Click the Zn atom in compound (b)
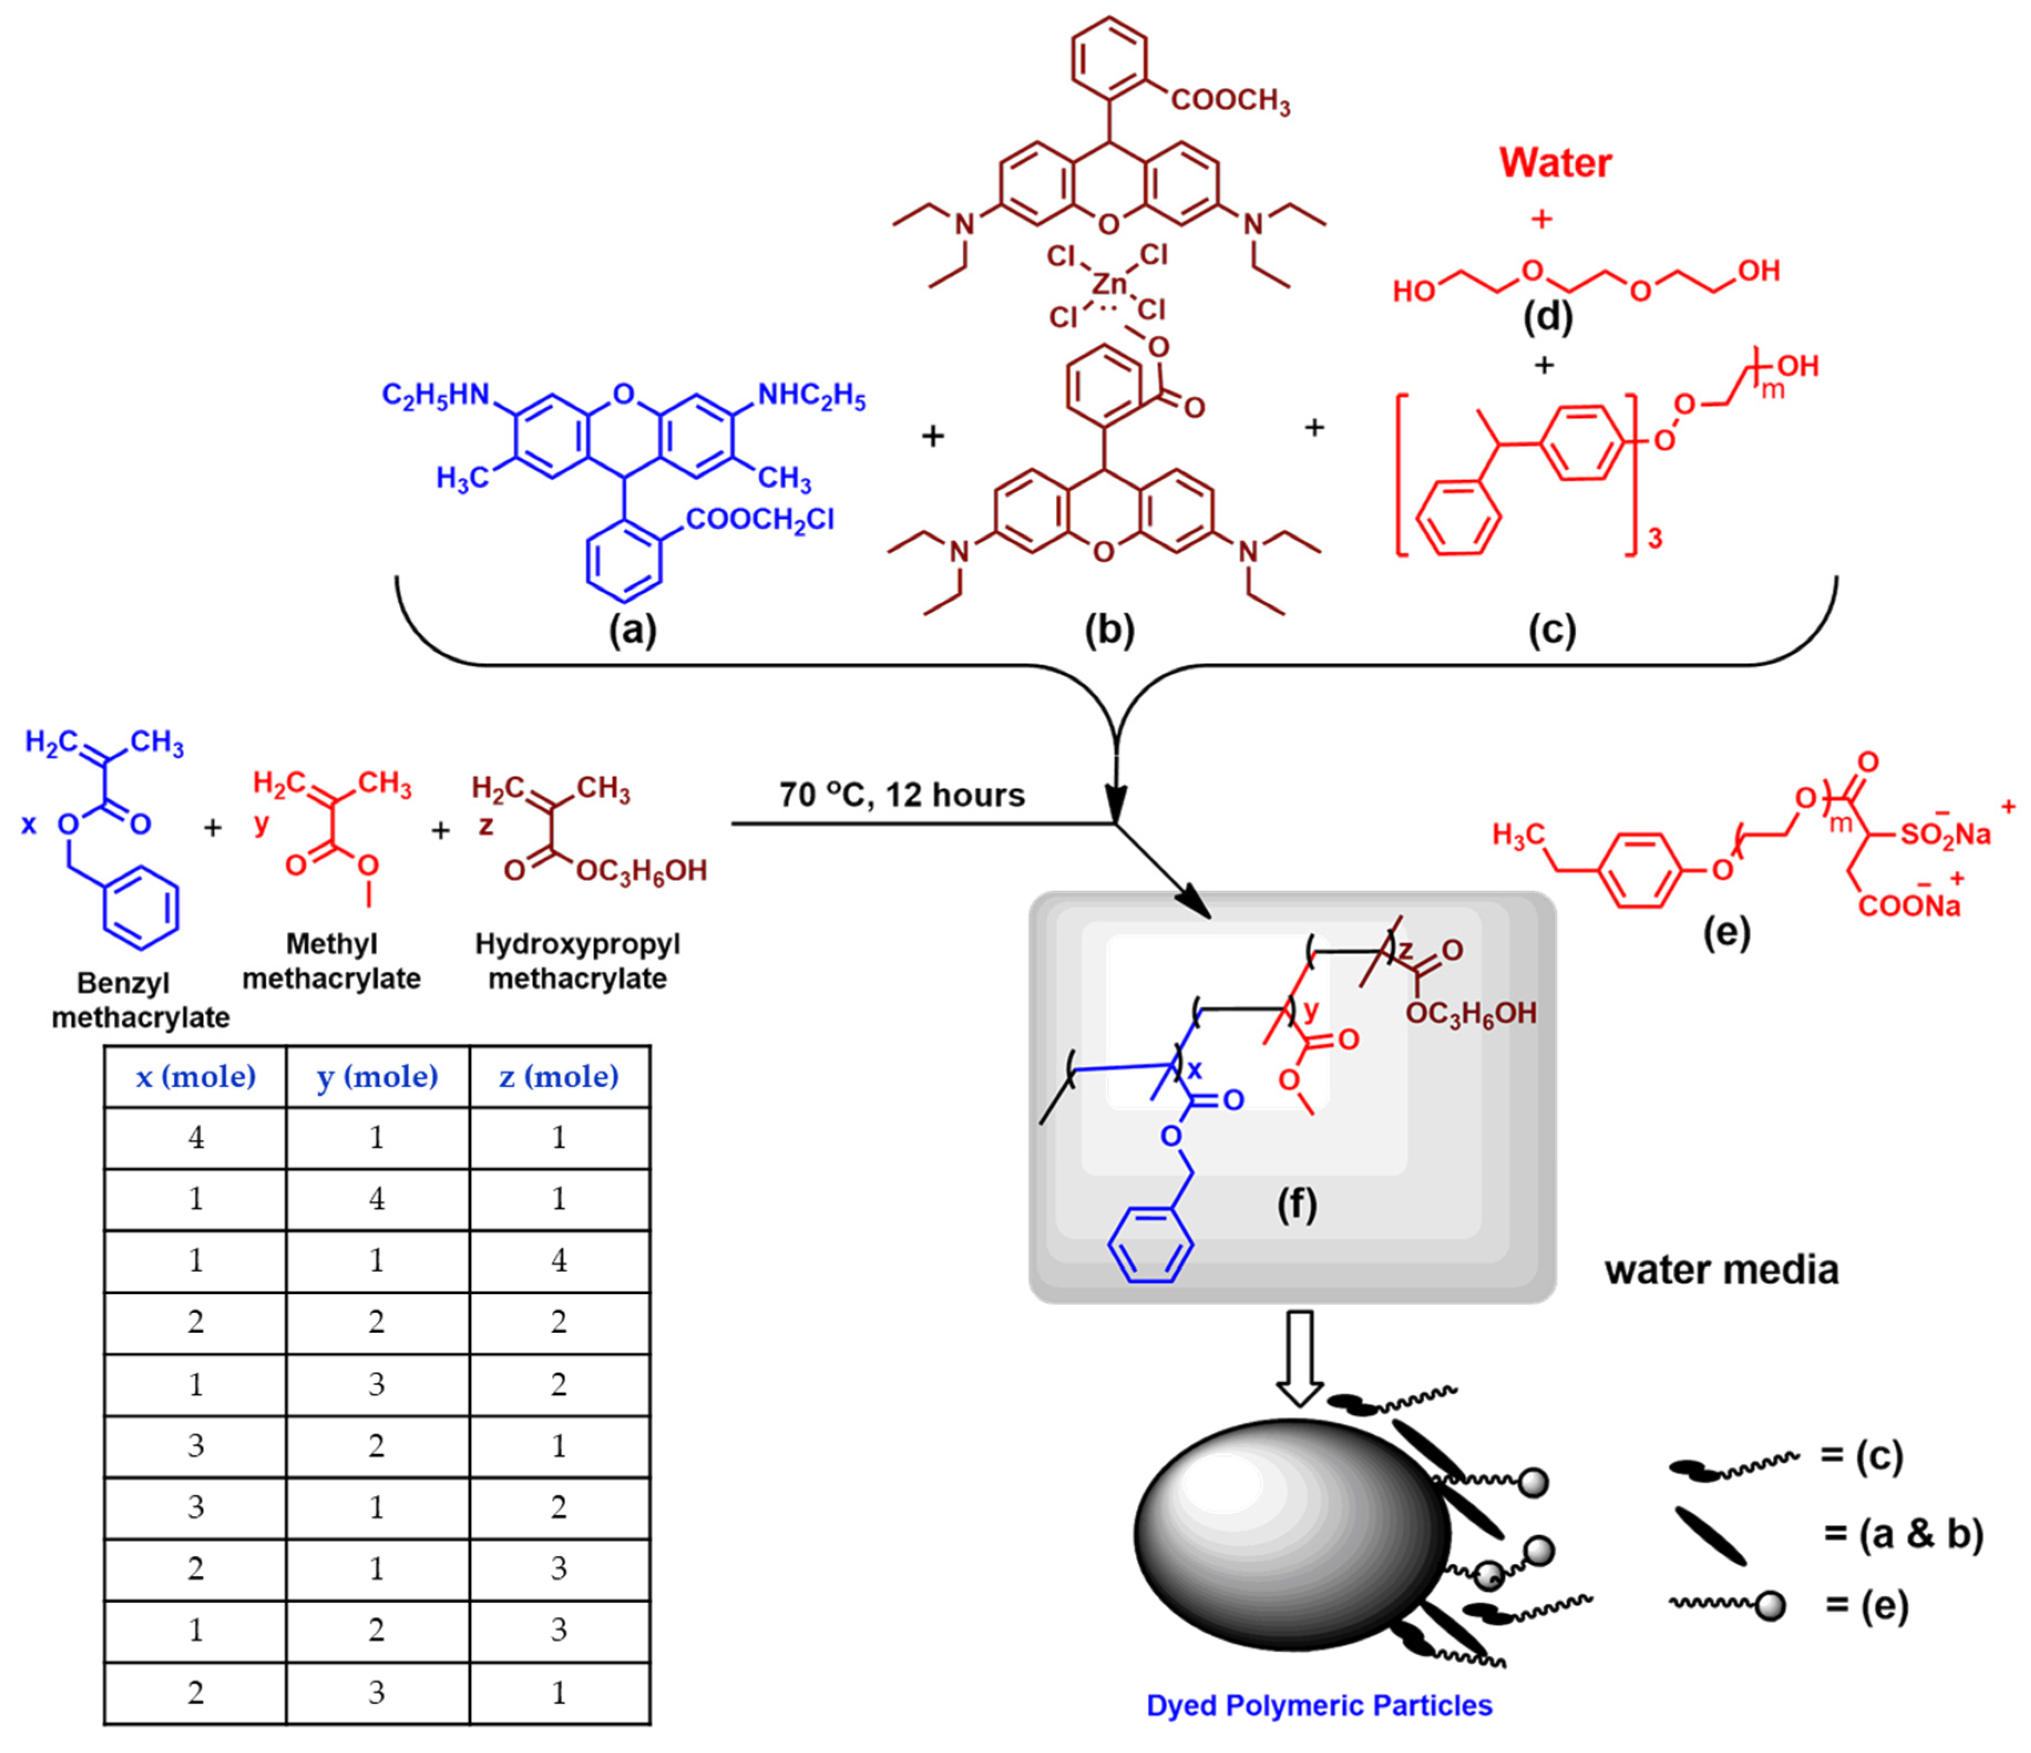pyautogui.click(x=1111, y=284)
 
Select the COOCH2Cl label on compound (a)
pyautogui.click(x=760, y=520)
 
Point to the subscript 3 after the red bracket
pyautogui.click(x=1655, y=538)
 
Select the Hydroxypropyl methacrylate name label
pyautogui.click(x=577, y=961)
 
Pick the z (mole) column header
pyautogui.click(x=559, y=1076)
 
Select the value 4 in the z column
pyautogui.click(x=559, y=1261)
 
